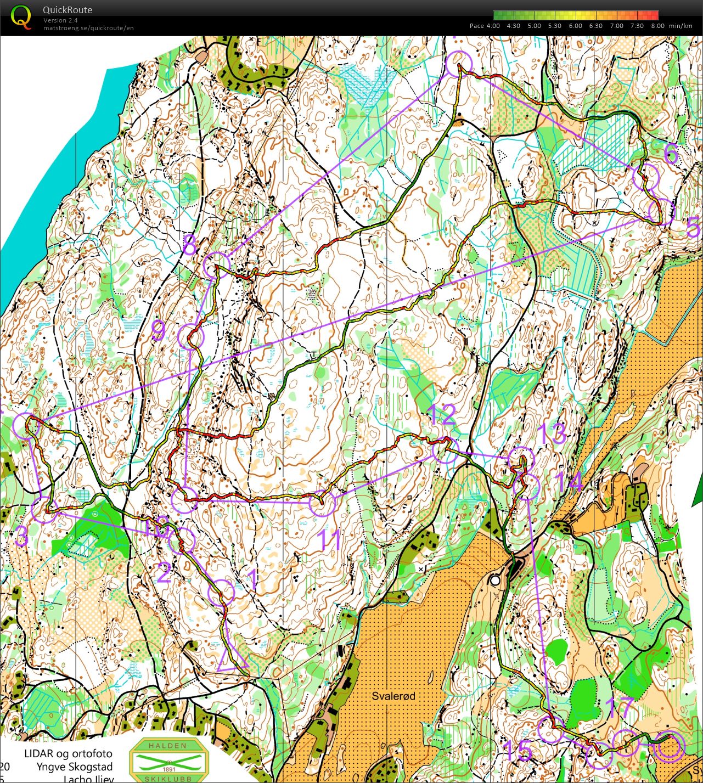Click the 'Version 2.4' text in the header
[60, 20]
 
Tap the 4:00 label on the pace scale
[492, 26]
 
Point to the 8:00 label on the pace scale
[657, 26]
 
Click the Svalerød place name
[393, 696]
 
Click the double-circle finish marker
[669, 747]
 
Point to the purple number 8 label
[189, 245]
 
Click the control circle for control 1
[222, 592]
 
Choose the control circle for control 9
[191, 336]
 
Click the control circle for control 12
[444, 451]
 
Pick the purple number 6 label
[671, 154]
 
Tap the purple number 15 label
[517, 751]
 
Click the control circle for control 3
[43, 509]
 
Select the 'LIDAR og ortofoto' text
[68, 753]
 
